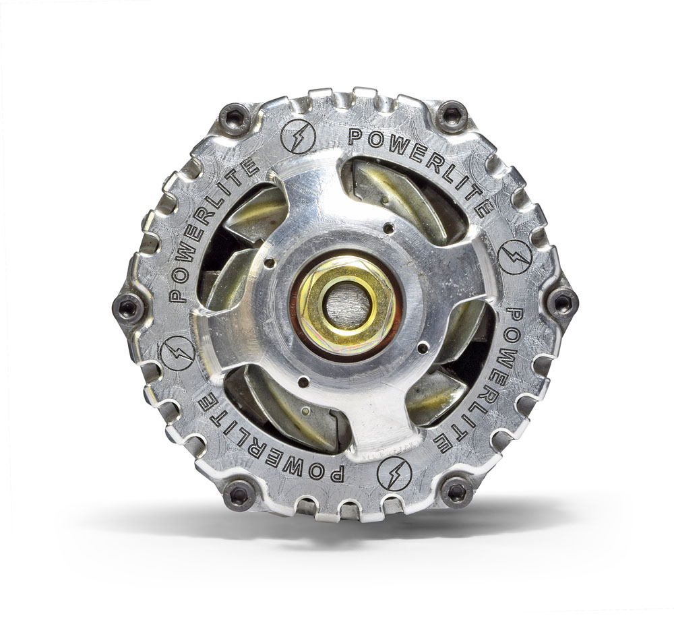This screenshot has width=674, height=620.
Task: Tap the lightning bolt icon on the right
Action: (515, 257)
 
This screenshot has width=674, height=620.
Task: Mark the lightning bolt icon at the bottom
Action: (394, 474)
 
